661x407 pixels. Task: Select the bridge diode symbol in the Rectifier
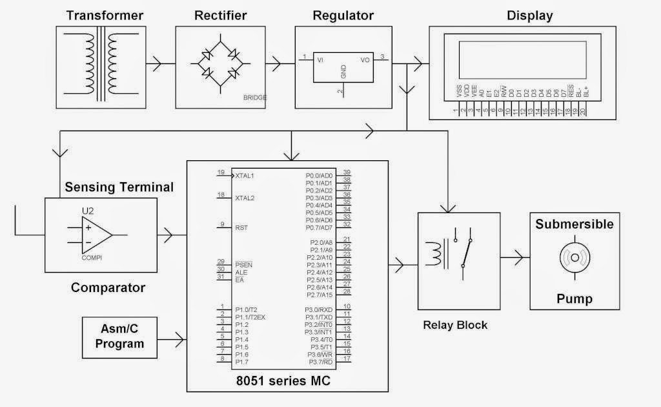[220, 63]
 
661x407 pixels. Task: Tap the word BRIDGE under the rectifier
[254, 98]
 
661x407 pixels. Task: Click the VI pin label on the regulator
[320, 59]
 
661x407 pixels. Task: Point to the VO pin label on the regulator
[365, 59]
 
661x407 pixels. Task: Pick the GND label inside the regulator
[343, 72]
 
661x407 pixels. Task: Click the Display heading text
[529, 15]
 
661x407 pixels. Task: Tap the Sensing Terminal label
[119, 187]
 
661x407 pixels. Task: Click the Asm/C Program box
[119, 337]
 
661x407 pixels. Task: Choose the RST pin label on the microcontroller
[241, 227]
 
